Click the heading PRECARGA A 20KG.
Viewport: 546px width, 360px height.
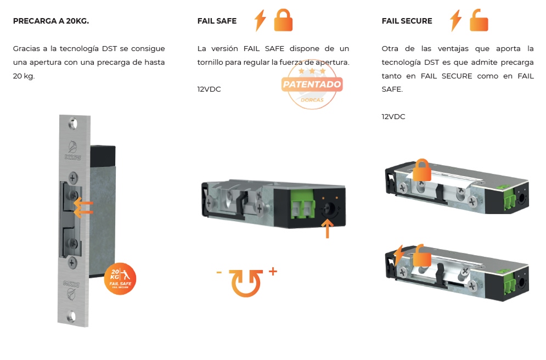[x=50, y=21]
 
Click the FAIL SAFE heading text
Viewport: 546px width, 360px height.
[x=217, y=21]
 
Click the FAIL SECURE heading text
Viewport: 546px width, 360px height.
[x=407, y=21]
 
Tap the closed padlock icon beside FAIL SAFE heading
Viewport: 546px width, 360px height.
[x=283, y=20]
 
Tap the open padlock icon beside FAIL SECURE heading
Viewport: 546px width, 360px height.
[x=479, y=20]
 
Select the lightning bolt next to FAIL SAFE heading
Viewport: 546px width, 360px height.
[x=261, y=20]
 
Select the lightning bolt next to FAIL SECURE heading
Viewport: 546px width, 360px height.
[x=455, y=20]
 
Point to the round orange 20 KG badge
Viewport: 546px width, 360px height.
[x=120, y=278]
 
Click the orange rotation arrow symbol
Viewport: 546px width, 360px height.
[x=245, y=282]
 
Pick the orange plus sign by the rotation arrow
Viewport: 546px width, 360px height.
[x=273, y=271]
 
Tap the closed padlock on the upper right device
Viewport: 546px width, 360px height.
[x=421, y=170]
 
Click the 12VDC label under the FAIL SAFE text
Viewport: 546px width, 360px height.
[x=209, y=89]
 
